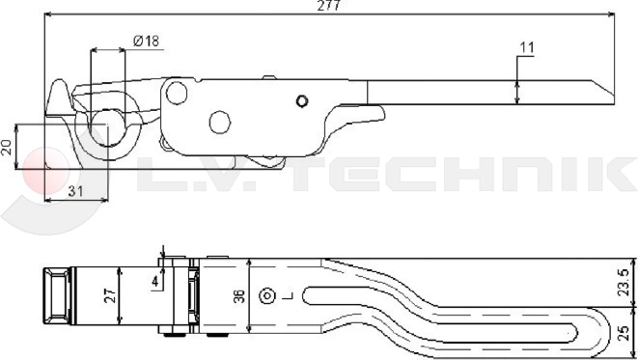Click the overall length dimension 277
coord(328,6)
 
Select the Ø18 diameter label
coord(146,41)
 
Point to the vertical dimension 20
coord(8,147)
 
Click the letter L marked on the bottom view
coord(287,296)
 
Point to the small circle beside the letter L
coord(273,296)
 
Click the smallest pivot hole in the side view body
coord(302,101)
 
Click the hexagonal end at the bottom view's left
coord(54,295)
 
